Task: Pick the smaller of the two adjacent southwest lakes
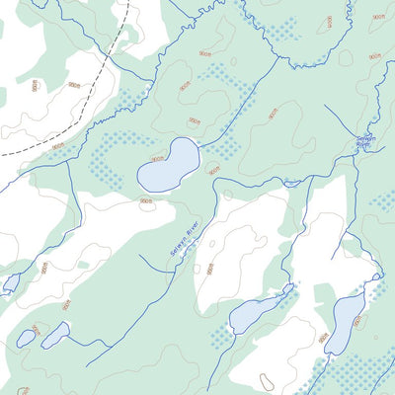tap(25, 338)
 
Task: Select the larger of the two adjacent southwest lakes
tap(54, 335)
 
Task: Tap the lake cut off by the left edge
tap(9, 283)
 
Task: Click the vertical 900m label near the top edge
tap(329, 21)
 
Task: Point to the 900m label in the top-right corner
tap(378, 17)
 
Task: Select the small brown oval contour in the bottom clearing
tap(265, 381)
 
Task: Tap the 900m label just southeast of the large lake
tap(212, 169)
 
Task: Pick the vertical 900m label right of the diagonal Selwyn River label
tap(209, 268)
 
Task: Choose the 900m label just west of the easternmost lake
tap(323, 337)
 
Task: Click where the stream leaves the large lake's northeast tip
tap(197, 145)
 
